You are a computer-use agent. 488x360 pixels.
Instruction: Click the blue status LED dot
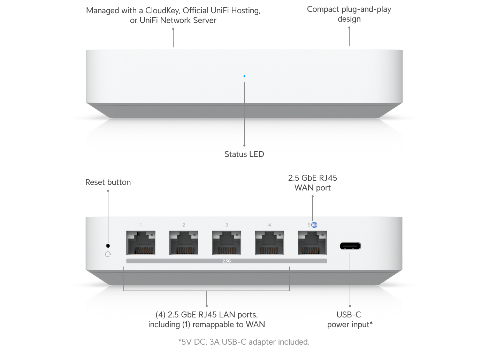(244, 76)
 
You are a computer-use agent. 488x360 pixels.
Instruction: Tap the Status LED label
(244, 154)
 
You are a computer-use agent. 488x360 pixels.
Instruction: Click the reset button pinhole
(108, 246)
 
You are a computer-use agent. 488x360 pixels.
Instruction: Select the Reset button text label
(108, 182)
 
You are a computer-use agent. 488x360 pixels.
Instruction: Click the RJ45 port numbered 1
(141, 243)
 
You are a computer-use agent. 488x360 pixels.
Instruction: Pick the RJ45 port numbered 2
(184, 243)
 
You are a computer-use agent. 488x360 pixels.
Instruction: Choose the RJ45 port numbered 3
(227, 243)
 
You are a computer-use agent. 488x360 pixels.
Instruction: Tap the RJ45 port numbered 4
(269, 243)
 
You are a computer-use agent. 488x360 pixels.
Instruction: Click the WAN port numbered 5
(312, 243)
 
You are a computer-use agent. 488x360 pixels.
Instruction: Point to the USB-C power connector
(350, 246)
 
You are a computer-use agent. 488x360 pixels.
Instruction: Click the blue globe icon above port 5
(314, 225)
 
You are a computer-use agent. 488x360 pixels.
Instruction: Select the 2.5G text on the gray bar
(227, 261)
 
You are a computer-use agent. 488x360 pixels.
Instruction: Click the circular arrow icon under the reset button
(108, 254)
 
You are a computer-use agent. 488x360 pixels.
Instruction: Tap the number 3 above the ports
(227, 225)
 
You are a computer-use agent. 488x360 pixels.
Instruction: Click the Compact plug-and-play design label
(349, 14)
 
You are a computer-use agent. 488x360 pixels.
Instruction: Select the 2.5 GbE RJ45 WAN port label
(313, 183)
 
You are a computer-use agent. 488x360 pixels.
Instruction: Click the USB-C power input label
(350, 320)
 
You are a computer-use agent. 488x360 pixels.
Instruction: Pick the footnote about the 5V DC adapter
(244, 342)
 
